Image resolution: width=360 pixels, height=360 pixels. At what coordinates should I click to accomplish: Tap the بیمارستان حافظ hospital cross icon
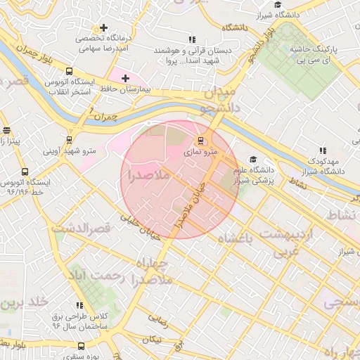[125, 77]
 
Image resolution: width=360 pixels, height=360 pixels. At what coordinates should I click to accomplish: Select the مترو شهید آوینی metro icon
[69, 139]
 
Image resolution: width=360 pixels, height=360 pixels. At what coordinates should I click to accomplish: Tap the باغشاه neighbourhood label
[233, 239]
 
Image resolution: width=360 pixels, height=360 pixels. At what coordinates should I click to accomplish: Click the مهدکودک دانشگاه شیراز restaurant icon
[323, 150]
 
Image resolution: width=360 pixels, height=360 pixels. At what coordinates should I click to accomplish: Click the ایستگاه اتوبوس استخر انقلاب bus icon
[69, 71]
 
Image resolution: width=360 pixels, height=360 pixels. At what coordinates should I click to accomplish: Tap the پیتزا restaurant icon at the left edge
[7, 131]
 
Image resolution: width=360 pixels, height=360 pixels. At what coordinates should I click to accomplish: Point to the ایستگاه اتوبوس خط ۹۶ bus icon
[25, 172]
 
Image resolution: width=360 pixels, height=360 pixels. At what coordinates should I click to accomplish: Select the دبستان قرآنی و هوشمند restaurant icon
[192, 39]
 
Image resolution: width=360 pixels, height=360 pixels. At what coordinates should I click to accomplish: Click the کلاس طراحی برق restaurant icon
[79, 305]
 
